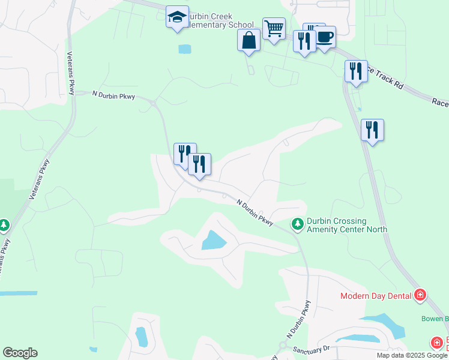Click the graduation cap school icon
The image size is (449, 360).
click(177, 17)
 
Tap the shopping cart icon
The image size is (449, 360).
click(274, 28)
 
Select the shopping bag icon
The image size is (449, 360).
click(249, 40)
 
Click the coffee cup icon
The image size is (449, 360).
click(325, 37)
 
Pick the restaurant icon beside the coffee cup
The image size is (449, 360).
click(304, 41)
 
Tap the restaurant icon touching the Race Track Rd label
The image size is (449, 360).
click(356, 71)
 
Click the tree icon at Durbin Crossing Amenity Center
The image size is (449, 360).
click(297, 224)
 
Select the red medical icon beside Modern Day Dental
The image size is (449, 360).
click(420, 295)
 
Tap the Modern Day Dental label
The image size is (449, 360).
click(375, 295)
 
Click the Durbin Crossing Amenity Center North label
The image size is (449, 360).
click(347, 225)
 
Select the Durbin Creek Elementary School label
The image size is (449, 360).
click(216, 20)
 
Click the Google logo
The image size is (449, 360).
click(20, 353)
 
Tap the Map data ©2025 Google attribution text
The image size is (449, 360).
click(412, 355)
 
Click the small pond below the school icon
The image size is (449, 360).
click(185, 49)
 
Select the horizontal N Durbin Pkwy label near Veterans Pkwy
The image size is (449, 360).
click(113, 95)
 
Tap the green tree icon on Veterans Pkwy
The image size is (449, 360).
click(4, 225)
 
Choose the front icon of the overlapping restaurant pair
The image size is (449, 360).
click(199, 164)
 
